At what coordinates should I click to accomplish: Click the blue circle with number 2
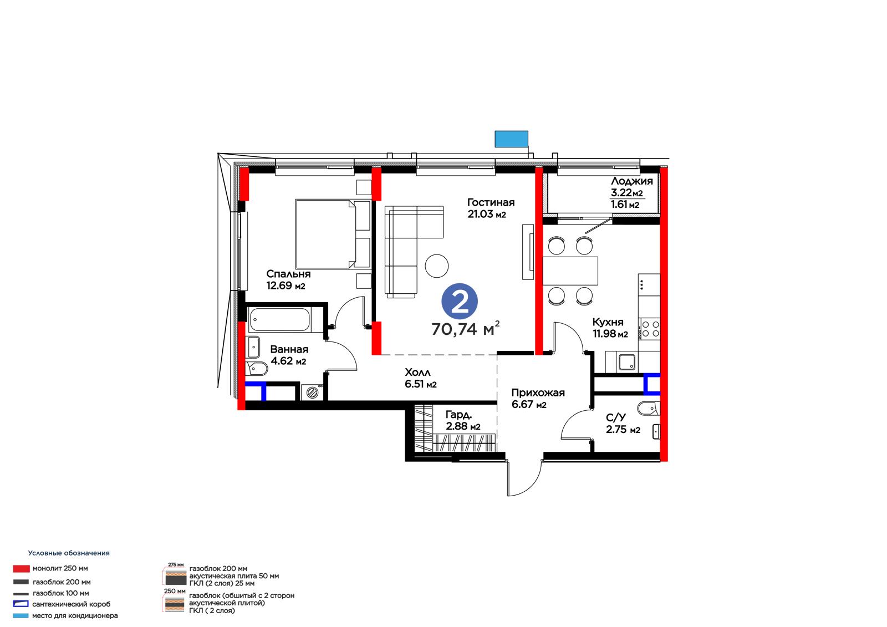(460, 302)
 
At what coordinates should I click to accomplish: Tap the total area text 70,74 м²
(465, 328)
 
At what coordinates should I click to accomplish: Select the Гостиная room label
(491, 202)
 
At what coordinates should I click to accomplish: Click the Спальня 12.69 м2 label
(288, 279)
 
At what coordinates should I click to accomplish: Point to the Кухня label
(608, 322)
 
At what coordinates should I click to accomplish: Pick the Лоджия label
(631, 181)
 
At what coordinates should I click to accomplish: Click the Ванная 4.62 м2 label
(289, 355)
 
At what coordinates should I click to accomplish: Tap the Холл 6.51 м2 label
(420, 378)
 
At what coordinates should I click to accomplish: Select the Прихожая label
(538, 393)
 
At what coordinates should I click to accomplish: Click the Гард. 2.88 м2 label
(462, 420)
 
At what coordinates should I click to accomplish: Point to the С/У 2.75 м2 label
(623, 424)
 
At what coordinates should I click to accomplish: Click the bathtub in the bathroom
(279, 319)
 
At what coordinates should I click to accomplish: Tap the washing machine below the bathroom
(313, 392)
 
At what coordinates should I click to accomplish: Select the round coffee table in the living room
(436, 266)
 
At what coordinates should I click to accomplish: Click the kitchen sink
(627, 362)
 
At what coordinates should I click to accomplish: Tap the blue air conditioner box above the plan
(511, 139)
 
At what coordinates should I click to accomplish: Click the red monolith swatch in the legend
(22, 569)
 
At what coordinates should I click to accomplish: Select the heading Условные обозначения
(69, 553)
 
